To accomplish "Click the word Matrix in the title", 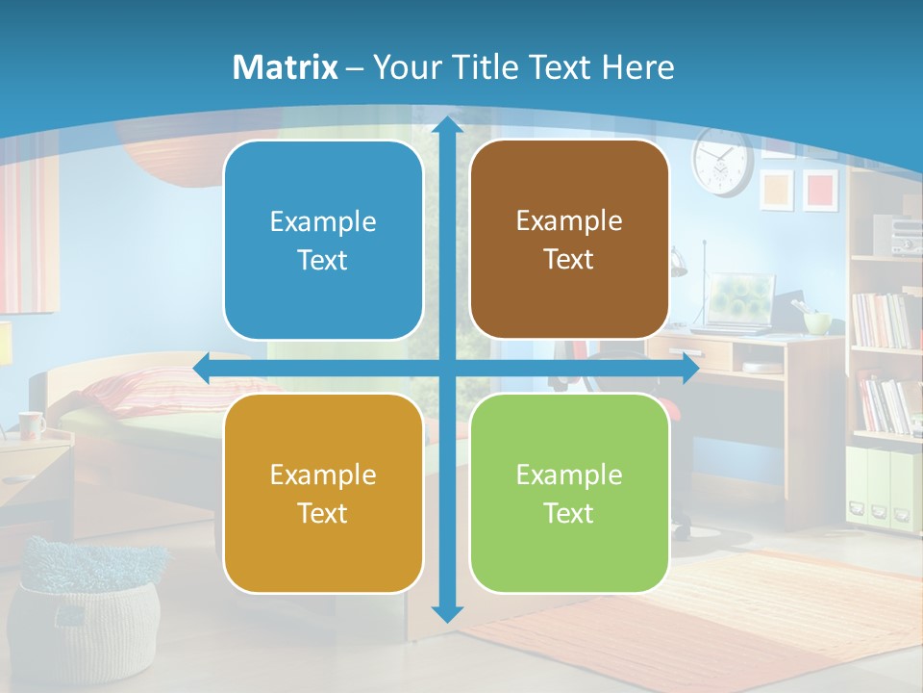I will click(x=286, y=67).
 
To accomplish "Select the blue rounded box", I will click(x=323, y=240).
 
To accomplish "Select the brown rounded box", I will click(x=569, y=240).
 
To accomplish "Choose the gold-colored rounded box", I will click(x=323, y=493).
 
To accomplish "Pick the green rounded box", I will click(x=569, y=493).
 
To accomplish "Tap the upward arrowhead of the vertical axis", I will click(x=447, y=125).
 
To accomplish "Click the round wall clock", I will click(x=721, y=163).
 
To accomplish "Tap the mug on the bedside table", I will click(x=31, y=424).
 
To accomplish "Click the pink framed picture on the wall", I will click(x=820, y=189).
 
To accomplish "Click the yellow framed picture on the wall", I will click(x=776, y=190).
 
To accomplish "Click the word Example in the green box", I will click(x=569, y=475).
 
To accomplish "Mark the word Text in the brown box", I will click(x=569, y=260).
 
